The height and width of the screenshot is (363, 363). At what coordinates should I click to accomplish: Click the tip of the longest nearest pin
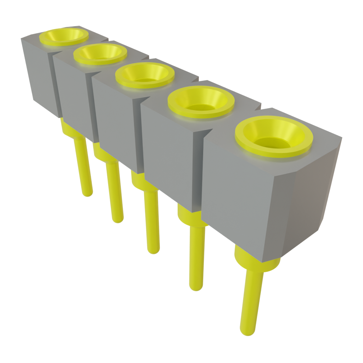click(x=247, y=331)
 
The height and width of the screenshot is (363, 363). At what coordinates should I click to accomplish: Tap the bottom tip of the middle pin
click(x=153, y=250)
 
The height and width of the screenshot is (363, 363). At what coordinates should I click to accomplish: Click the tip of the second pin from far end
click(x=118, y=219)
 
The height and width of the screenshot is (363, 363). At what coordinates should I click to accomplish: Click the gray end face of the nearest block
click(x=307, y=202)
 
